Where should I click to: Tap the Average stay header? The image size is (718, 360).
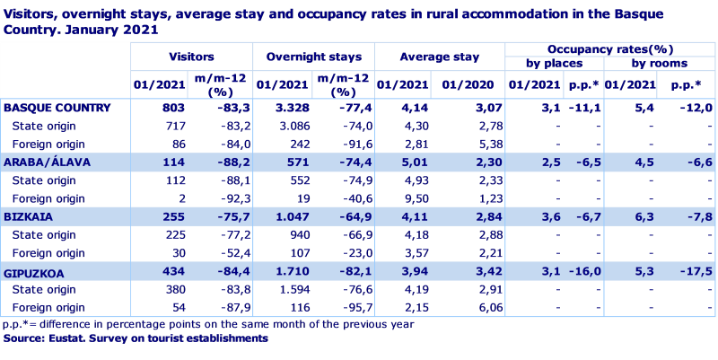pyautogui.click(x=439, y=57)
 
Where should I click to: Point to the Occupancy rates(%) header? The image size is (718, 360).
pyautogui.click(x=609, y=48)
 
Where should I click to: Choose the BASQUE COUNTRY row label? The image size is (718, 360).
pyautogui.click(x=57, y=108)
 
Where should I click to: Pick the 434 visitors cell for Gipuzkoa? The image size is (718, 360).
pyautogui.click(x=172, y=270)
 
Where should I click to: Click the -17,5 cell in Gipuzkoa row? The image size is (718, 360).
pyautogui.click(x=695, y=270)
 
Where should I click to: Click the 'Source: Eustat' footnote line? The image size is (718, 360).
pyautogui.click(x=135, y=338)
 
